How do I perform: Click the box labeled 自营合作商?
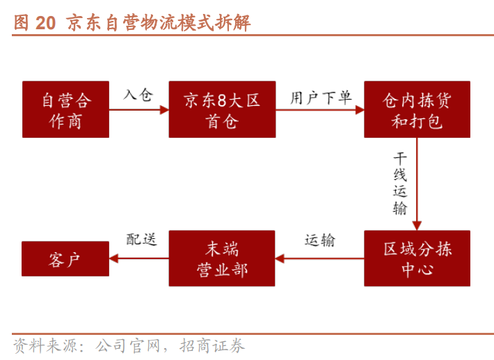point(65,109)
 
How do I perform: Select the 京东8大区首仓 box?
point(222,109)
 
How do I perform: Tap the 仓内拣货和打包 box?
point(417,109)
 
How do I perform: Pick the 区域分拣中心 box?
point(417,258)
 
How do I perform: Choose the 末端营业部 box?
point(222,258)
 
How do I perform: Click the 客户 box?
point(65,259)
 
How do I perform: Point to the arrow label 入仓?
point(138,95)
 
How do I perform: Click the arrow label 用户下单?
point(321,97)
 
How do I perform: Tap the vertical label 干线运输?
point(400,183)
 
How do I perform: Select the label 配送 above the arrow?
point(141,240)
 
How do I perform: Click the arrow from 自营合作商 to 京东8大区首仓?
point(139,110)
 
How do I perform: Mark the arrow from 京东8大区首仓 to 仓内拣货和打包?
point(320,110)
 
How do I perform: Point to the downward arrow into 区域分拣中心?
point(417,184)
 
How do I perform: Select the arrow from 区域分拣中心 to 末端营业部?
point(319,258)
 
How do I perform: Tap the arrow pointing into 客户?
point(139,258)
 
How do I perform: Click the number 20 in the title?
point(46,23)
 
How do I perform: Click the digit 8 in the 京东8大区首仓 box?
point(222,100)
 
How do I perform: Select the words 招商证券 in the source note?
point(212,346)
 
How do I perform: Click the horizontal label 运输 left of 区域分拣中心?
point(320,240)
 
